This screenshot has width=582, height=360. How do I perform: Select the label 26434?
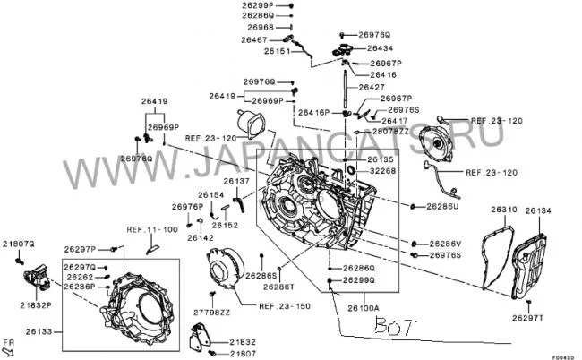coord(374,47)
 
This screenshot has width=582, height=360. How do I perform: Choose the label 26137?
coord(236,181)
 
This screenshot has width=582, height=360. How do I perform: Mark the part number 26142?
coord(201,237)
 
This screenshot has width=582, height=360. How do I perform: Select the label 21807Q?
coord(18,244)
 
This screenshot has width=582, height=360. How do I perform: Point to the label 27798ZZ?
coord(212,313)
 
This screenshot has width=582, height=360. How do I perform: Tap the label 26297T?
coord(528,317)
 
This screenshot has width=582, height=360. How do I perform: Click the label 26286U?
coord(442,206)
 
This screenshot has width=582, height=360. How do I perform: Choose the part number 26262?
coord(81,278)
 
